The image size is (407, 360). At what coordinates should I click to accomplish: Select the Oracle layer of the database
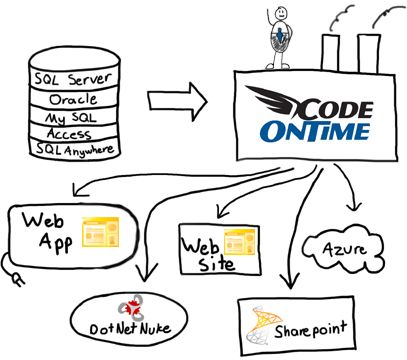click(73, 98)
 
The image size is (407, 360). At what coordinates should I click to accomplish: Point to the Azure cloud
click(337, 246)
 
